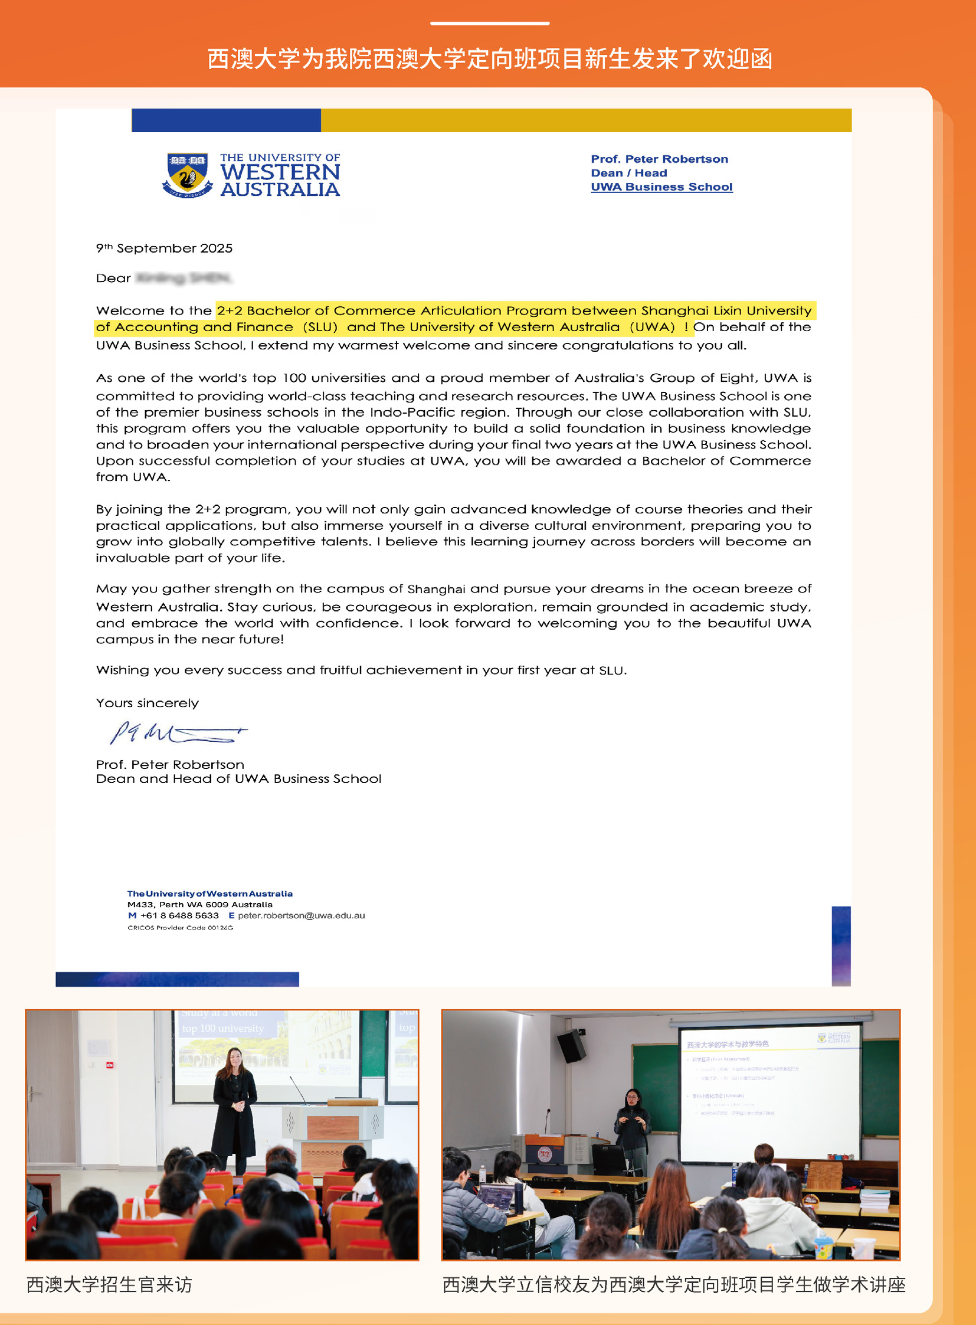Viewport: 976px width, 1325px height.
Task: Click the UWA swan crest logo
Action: coord(187,175)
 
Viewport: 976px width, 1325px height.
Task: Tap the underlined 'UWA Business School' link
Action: coord(661,187)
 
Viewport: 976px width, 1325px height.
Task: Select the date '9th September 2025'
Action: coord(164,248)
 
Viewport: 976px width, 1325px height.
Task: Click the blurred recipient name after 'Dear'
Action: coord(184,278)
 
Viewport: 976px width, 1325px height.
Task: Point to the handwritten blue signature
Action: coord(177,734)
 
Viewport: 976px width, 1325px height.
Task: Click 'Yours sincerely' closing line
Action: coord(147,703)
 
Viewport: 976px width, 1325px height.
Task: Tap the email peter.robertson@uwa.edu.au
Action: coord(302,915)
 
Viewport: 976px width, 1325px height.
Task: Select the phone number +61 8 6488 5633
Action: coord(179,915)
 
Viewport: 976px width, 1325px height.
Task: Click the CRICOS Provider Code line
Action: coord(180,928)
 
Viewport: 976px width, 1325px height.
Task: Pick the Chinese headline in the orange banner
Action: coord(489,59)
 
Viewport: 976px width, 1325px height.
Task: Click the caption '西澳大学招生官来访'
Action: coord(109,1284)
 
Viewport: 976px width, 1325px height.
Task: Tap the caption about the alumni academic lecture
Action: coord(673,1284)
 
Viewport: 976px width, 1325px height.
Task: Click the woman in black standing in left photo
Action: coord(234,1111)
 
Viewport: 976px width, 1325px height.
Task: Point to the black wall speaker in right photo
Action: coord(571,1046)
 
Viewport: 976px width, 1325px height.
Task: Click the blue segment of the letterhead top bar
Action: coord(225,120)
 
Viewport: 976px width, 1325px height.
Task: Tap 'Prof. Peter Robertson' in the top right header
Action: coord(659,159)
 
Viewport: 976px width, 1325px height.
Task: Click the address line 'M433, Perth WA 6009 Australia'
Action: coord(199,904)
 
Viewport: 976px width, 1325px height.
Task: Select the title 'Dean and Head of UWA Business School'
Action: coord(238,779)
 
